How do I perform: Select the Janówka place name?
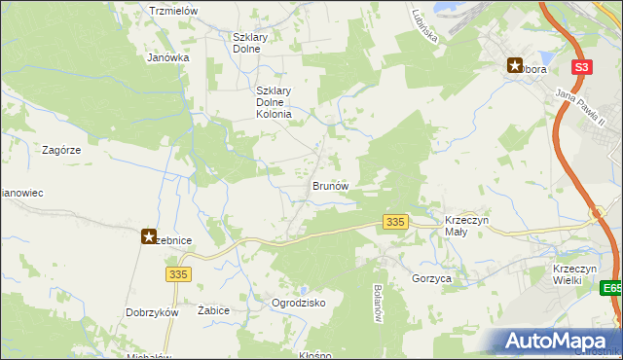[167, 57]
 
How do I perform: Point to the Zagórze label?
[60, 151]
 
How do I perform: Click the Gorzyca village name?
[431, 278]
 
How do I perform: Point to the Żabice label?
[212, 309]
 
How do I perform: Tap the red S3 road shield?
[582, 67]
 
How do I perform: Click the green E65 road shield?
[611, 289]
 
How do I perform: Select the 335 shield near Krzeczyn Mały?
[394, 223]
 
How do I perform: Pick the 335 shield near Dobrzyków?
[177, 274]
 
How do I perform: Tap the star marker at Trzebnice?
[149, 235]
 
